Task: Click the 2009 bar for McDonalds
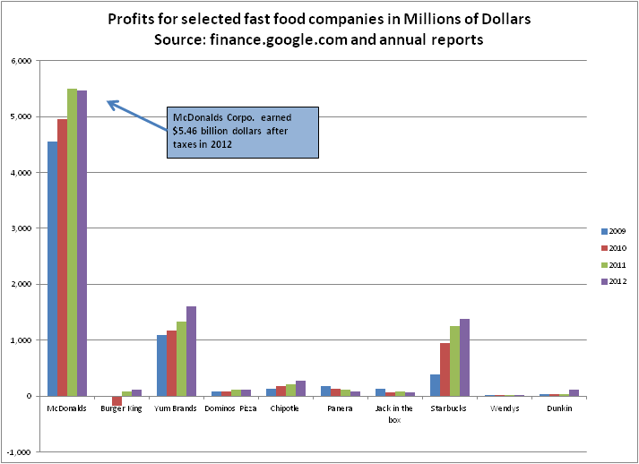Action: point(53,269)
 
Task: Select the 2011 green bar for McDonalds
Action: point(73,242)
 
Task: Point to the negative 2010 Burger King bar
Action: point(117,400)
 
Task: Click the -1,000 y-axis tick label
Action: point(20,452)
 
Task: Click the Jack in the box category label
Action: point(396,413)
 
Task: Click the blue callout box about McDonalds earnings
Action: point(243,133)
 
